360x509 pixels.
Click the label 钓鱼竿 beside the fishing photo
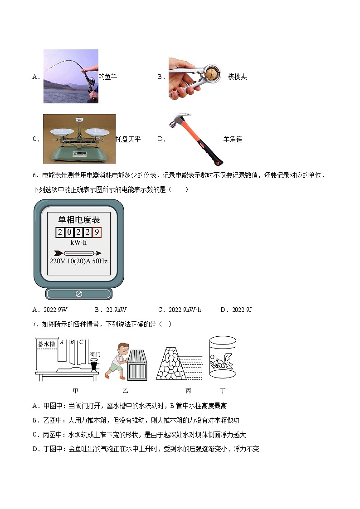[x=108, y=77]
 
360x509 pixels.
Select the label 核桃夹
[x=237, y=77]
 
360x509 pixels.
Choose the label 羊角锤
[x=233, y=140]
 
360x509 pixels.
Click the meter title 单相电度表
[x=78, y=220]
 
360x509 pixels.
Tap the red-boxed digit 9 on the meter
[x=96, y=233]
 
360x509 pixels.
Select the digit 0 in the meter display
[x=69, y=233]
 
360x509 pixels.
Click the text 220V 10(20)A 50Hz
[x=78, y=262]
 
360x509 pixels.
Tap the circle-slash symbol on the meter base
[x=78, y=294]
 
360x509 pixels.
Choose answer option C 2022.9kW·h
[x=180, y=310]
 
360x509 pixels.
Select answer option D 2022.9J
[x=236, y=310]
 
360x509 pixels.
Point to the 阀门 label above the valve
[x=95, y=354]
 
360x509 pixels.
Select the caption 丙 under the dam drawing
[x=188, y=391]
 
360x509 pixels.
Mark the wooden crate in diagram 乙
[x=136, y=364]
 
